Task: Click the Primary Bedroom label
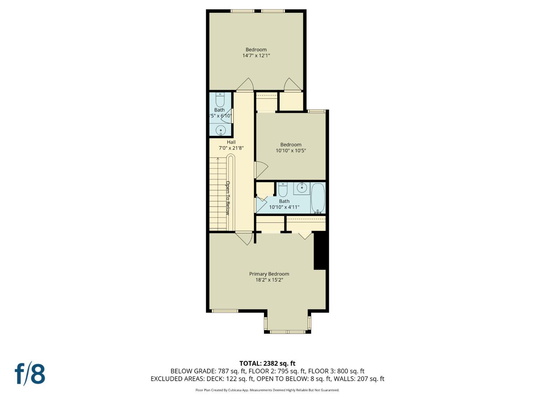tap(269, 274)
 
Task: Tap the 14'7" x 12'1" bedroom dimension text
tap(256, 56)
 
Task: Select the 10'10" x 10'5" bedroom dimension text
tap(291, 150)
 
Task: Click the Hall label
tap(231, 142)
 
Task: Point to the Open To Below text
tap(228, 198)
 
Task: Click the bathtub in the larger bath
tap(318, 198)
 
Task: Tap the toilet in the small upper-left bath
tap(220, 100)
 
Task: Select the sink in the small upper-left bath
tap(221, 130)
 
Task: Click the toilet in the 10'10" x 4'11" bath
tap(283, 190)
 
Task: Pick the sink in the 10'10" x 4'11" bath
tap(302, 188)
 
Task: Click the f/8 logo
tap(30, 374)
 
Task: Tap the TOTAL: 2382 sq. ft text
tap(267, 364)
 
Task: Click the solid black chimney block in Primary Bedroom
tap(320, 251)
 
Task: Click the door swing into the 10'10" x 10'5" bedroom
tap(261, 170)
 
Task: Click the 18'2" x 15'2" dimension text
tap(269, 280)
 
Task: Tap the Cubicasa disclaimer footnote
tap(267, 390)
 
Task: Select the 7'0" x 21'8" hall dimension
tap(231, 148)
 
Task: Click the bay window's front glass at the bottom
tap(287, 332)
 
